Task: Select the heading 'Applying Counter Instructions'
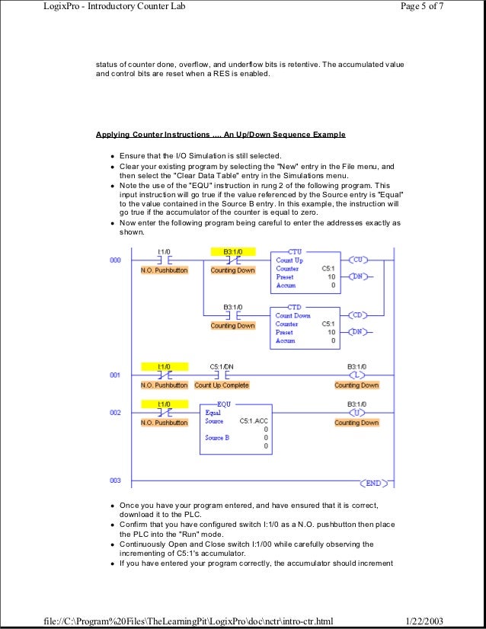coord(220,135)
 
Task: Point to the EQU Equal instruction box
coord(235,429)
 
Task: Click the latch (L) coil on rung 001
coord(357,375)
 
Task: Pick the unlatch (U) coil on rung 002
coord(357,412)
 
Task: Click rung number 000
coord(114,260)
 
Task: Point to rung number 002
coord(114,412)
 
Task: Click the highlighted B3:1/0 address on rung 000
coord(233,251)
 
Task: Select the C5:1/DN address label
coord(222,366)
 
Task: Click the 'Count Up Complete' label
coord(222,385)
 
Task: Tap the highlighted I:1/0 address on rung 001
coord(164,366)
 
